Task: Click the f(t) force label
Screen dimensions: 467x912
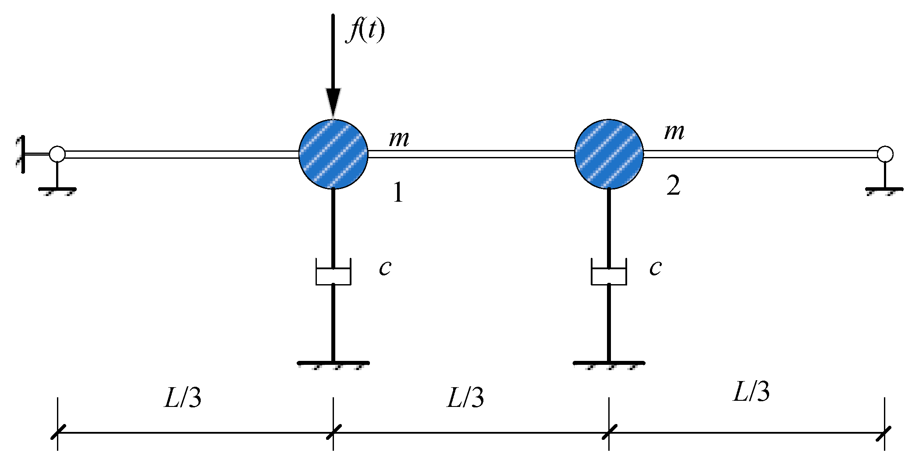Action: point(365,31)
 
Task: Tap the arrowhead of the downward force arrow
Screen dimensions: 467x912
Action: point(333,103)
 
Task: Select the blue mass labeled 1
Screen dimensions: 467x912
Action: point(333,154)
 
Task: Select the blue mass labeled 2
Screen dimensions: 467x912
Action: point(609,154)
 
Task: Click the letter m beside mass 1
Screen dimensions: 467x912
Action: point(399,139)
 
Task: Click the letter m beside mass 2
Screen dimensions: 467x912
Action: point(674,131)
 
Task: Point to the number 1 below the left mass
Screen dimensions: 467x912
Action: point(398,192)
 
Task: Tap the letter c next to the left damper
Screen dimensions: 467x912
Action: point(385,267)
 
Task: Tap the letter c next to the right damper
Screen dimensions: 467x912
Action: point(655,267)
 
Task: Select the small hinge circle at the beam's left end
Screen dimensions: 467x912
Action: point(57,154)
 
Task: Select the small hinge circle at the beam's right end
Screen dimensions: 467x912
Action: point(885,154)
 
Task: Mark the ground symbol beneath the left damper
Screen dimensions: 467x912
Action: point(333,364)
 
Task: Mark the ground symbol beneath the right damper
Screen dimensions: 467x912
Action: point(609,364)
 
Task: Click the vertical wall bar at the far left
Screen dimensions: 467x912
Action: point(22,154)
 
